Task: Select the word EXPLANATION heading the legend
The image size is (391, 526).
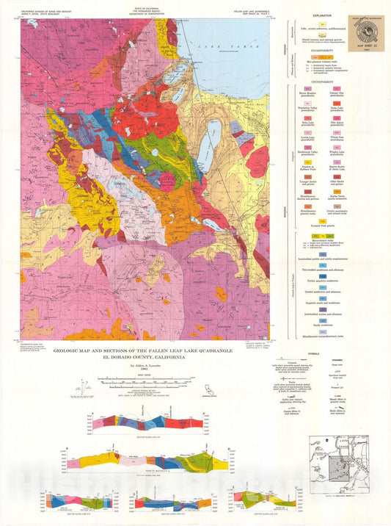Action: click(x=319, y=15)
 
